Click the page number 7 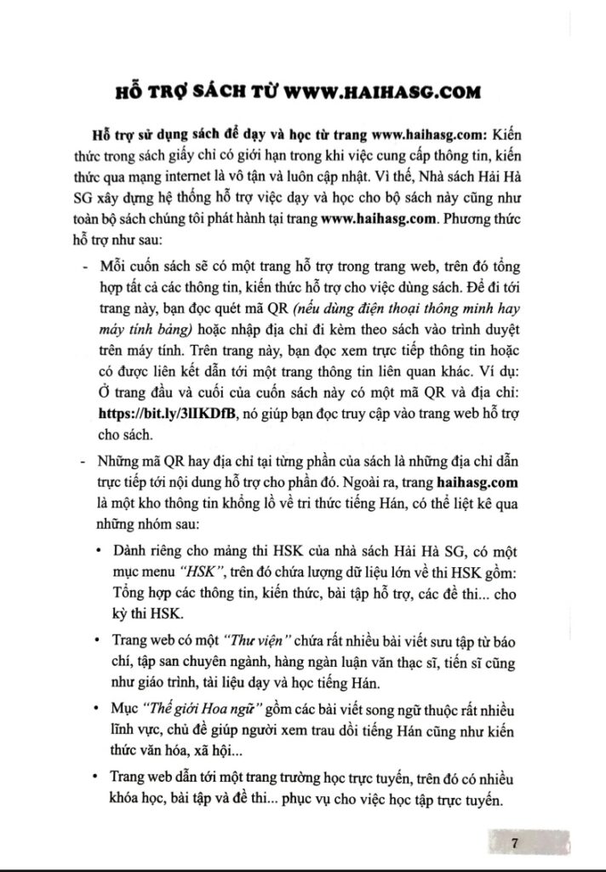click(x=515, y=843)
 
